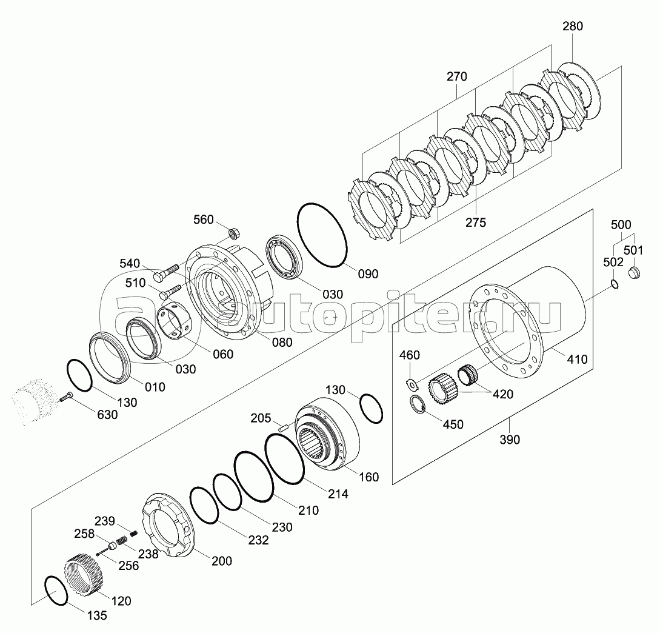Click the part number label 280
pyautogui.click(x=572, y=26)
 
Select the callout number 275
pyautogui.click(x=475, y=223)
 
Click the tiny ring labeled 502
pyautogui.click(x=614, y=284)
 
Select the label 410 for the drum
pyautogui.click(x=577, y=360)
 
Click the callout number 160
pyautogui.click(x=368, y=477)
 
